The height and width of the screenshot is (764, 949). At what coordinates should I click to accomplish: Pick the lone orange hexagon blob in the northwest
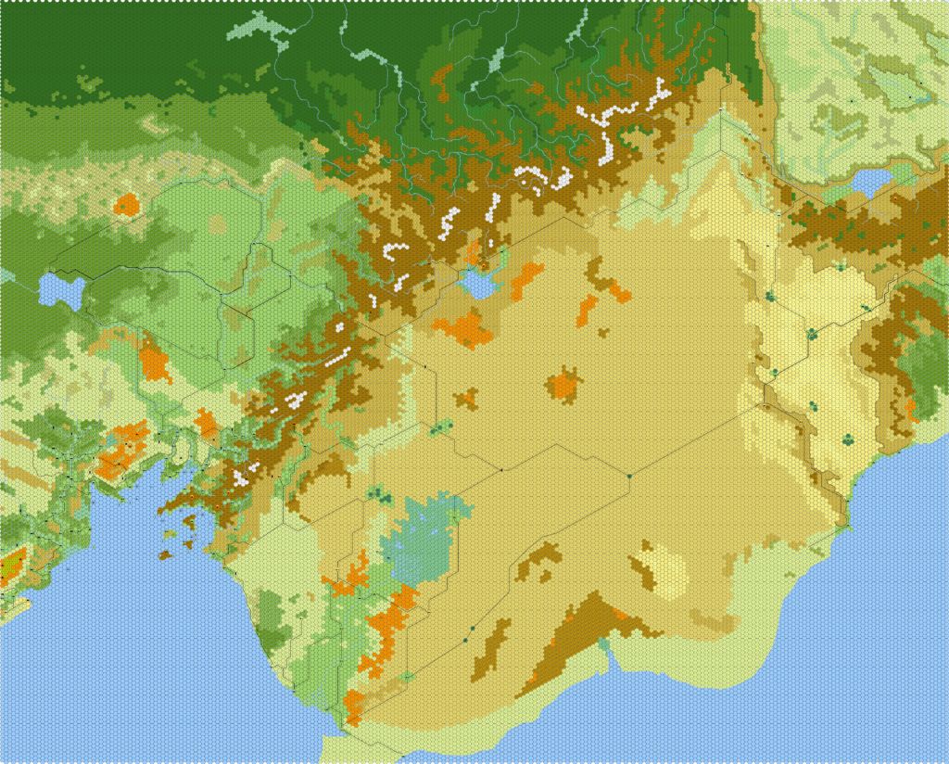[126, 203]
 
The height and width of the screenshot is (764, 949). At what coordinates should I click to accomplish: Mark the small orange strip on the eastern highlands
[911, 408]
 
